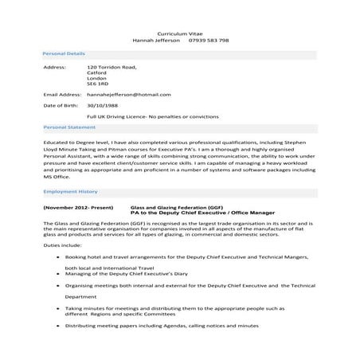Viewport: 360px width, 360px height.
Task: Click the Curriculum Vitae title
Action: [x=179, y=32]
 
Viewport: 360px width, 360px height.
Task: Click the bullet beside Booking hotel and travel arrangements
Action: [x=56, y=257]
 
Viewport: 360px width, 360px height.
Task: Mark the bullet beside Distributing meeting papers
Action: [x=56, y=325]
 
